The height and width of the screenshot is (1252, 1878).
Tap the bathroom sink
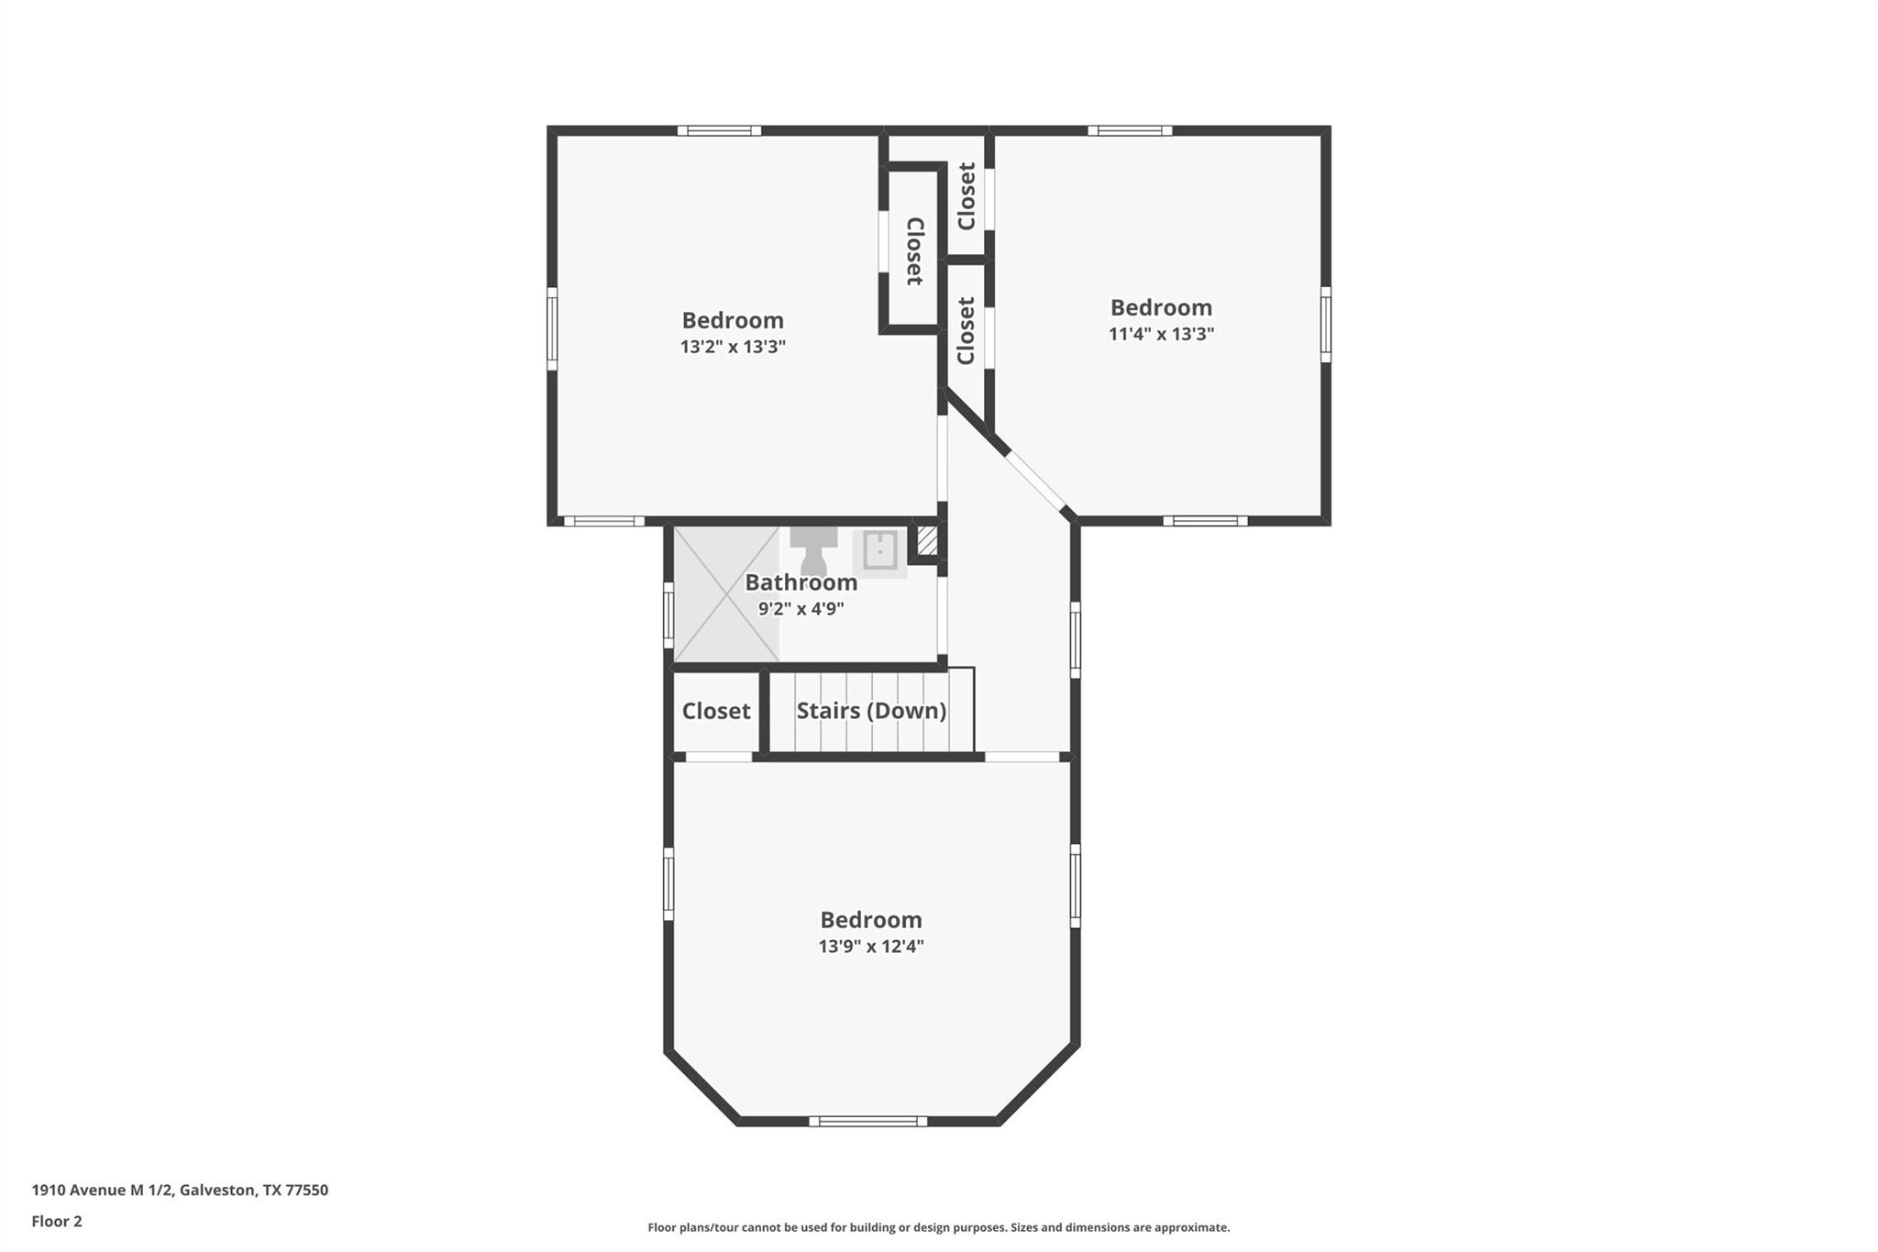(879, 551)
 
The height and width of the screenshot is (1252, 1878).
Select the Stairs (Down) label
(871, 711)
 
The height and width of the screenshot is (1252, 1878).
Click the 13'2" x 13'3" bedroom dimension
(733, 347)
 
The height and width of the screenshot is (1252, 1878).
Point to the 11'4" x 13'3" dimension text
(1161, 334)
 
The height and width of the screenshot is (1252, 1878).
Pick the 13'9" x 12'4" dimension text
(870, 947)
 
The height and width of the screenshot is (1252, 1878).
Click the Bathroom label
(801, 582)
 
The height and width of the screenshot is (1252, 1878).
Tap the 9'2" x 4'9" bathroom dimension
(801, 608)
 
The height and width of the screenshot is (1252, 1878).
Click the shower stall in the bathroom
(726, 593)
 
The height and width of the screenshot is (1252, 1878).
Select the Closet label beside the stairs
(716, 711)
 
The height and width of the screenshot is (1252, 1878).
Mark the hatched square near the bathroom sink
(927, 540)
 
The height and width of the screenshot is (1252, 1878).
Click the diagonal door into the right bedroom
(1035, 481)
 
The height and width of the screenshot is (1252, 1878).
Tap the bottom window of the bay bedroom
(867, 1121)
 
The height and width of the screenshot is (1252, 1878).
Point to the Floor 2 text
(57, 1221)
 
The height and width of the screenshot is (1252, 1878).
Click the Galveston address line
(180, 1190)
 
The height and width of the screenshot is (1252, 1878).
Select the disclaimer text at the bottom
(938, 1227)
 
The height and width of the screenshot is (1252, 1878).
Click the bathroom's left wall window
(668, 615)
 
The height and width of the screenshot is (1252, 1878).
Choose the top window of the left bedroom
(719, 130)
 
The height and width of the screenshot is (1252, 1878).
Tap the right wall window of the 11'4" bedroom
(1326, 324)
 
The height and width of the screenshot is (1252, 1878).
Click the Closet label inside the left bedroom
(913, 250)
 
